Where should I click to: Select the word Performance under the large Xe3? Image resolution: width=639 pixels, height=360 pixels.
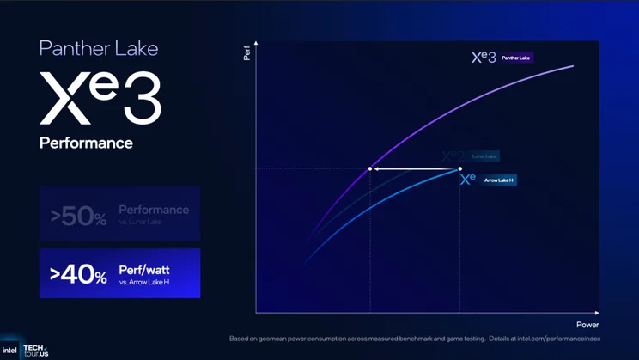(x=86, y=143)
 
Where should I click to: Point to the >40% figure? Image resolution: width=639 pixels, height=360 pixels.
(x=78, y=276)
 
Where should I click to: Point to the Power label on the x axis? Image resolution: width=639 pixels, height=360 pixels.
(x=587, y=324)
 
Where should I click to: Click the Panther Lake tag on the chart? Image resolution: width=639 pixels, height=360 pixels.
(x=516, y=58)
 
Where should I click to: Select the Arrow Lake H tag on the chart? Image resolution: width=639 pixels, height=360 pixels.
(x=499, y=180)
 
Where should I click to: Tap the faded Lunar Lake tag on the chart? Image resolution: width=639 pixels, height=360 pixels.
(x=484, y=156)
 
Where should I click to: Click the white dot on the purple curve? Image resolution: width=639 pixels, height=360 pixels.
(x=370, y=168)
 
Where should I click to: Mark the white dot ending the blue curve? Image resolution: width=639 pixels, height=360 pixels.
(x=460, y=168)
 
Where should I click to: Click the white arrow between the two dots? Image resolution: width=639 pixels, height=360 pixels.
(x=415, y=168)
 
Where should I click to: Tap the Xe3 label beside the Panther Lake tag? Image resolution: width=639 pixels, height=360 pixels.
(x=484, y=58)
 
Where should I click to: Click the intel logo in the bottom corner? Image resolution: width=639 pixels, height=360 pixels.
(x=9, y=350)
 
